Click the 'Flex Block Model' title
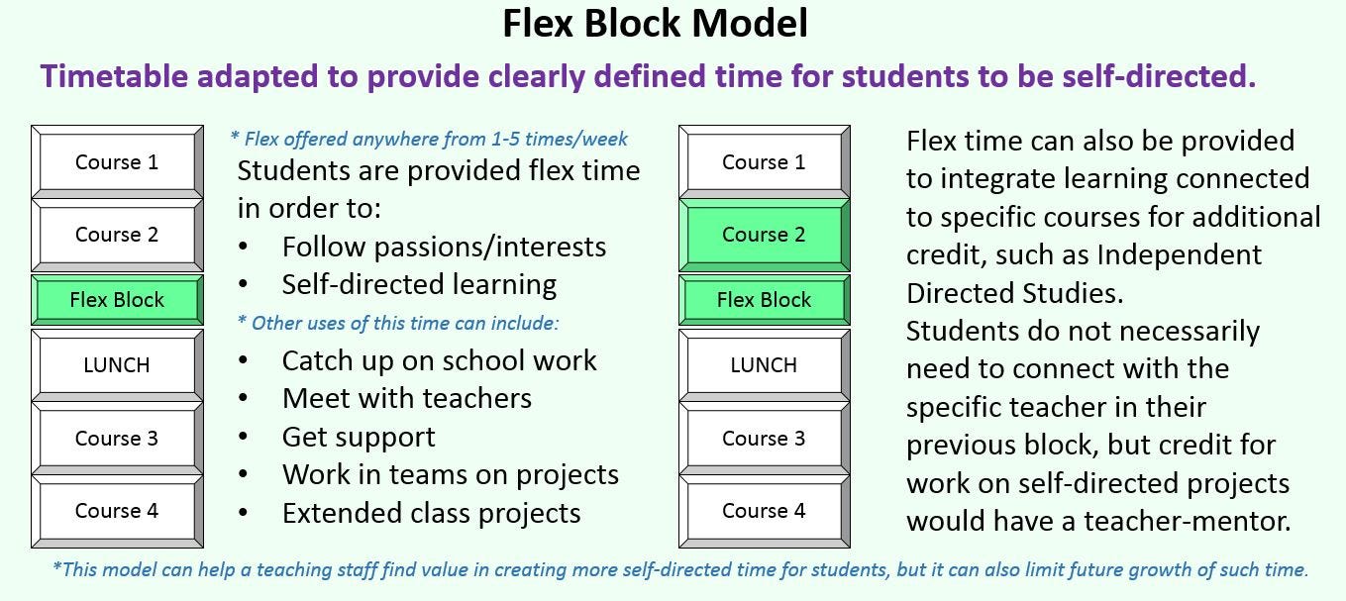[x=655, y=24]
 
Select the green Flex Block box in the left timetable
[x=117, y=300]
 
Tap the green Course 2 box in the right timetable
[x=765, y=234]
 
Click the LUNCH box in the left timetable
[x=117, y=365]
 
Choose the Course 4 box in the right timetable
[x=765, y=511]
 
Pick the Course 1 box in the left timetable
[x=117, y=162]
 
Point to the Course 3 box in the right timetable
[x=765, y=439]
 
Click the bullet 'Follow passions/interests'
[x=444, y=248]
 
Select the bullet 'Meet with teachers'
[x=407, y=399]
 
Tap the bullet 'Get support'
[x=359, y=438]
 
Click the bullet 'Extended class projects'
[x=432, y=514]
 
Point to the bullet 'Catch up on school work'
[x=439, y=360]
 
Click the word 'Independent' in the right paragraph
[x=1180, y=255]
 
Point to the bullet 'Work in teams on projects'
[x=451, y=475]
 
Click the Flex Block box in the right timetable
[x=765, y=300]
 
